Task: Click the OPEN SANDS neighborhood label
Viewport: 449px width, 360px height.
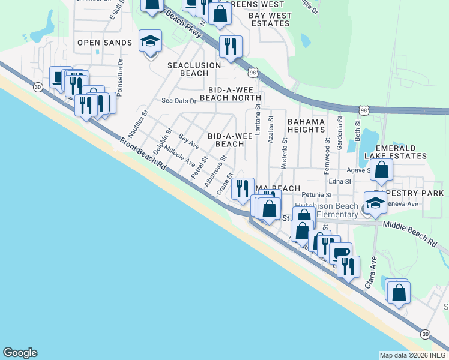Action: tap(104, 43)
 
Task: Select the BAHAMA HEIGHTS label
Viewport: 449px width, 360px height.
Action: tap(306, 125)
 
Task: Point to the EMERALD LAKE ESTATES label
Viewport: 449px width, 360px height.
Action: tap(396, 152)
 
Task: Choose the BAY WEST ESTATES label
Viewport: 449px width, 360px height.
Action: tap(270, 20)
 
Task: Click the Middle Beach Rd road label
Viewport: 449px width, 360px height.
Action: tap(411, 233)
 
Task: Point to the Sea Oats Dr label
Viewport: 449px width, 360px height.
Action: tap(179, 101)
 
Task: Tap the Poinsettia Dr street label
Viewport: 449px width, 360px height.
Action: tap(121, 70)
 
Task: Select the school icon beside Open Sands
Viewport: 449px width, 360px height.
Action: tap(150, 42)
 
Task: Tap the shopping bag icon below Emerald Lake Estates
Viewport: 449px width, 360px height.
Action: tap(381, 170)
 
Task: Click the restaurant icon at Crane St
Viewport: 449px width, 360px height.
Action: tap(243, 189)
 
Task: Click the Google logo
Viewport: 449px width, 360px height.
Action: tap(20, 353)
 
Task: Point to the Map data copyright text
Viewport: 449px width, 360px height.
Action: tap(413, 355)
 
